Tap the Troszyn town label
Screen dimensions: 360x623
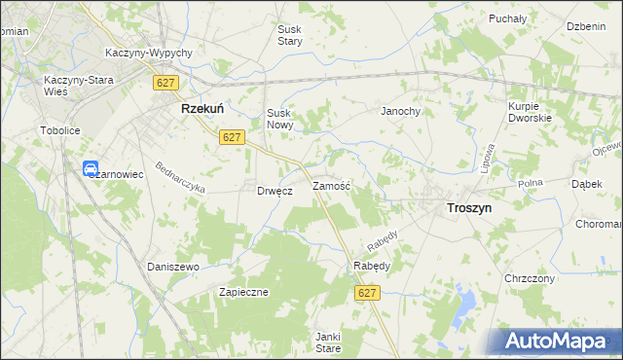(468, 207)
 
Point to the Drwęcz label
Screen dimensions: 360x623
(275, 192)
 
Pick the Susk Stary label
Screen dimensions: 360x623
(290, 36)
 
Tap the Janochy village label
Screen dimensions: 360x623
(400, 111)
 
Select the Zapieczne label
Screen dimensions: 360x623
(243, 292)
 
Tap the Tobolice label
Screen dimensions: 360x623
(59, 129)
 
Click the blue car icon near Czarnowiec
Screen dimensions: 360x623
(91, 168)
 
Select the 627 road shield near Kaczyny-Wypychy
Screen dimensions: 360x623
(164, 84)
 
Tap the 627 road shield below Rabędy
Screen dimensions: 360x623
(367, 292)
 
